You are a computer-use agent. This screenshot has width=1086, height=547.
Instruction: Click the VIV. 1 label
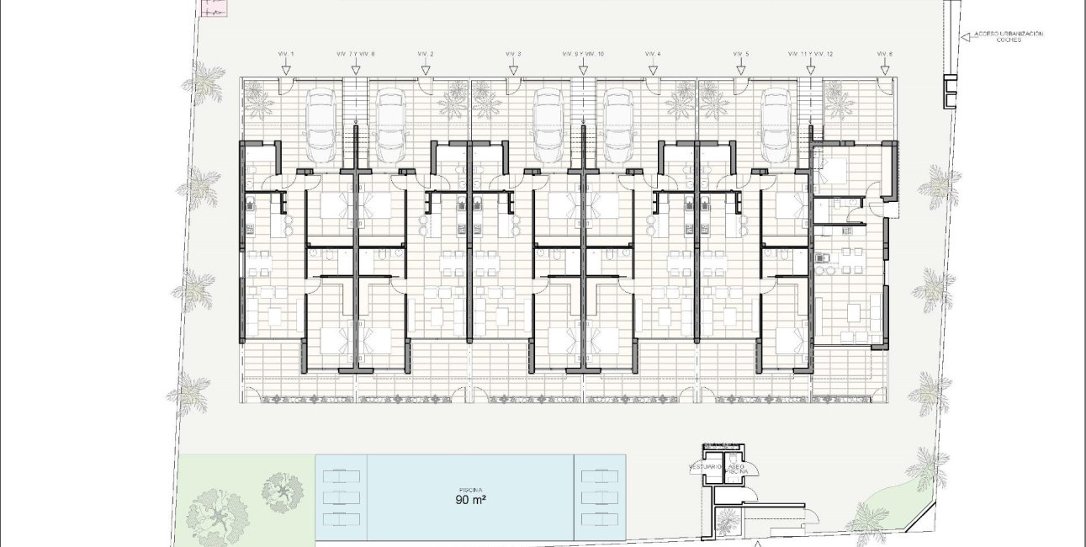286,54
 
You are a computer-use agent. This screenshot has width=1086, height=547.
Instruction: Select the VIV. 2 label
426,54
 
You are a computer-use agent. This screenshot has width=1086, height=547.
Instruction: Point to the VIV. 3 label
513,54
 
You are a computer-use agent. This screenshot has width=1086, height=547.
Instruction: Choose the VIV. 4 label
653,54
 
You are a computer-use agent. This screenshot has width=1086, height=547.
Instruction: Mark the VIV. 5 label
740,54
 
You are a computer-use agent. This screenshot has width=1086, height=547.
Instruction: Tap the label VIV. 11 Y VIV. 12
810,54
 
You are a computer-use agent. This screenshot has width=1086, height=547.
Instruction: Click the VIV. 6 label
884,54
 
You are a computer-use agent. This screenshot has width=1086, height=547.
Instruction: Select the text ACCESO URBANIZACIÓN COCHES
1008,36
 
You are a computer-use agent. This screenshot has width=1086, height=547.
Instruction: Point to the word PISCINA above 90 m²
470,489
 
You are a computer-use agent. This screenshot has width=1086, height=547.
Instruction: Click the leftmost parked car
321,126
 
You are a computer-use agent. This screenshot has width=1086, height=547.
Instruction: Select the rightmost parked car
777,126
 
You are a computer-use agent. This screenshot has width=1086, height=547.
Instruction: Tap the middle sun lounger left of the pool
341,495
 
